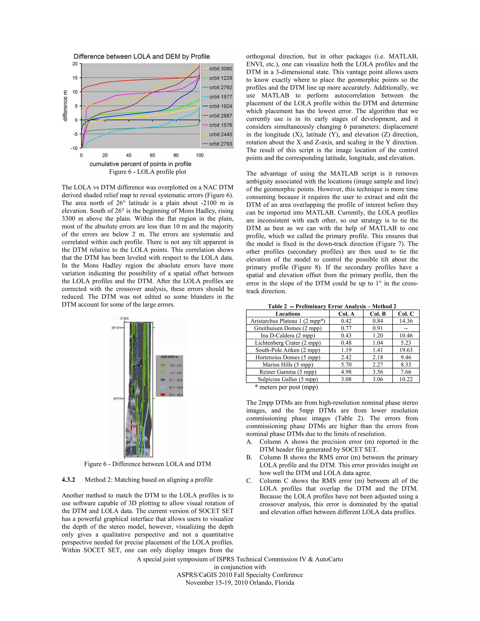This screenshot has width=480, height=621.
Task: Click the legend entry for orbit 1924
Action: [220, 106]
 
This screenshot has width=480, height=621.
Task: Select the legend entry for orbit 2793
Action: [220, 144]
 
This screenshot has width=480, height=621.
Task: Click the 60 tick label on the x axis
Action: [152, 155]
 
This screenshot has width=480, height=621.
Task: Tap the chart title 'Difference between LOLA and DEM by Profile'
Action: [142, 56]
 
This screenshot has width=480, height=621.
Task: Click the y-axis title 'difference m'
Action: [65, 106]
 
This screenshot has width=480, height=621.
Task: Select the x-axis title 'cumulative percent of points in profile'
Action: [140, 164]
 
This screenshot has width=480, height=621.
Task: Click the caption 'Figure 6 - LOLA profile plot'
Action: [148, 172]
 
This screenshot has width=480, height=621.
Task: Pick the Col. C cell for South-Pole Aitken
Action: [405, 350]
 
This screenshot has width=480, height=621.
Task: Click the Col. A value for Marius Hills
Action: [346, 365]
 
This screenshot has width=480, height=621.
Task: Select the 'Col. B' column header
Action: [378, 314]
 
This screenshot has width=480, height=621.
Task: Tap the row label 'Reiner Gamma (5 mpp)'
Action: [288, 372]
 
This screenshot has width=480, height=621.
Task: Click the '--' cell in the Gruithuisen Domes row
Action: [405, 328]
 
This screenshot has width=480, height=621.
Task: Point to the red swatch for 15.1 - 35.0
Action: [163, 395]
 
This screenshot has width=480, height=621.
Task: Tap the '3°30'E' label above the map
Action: [124, 318]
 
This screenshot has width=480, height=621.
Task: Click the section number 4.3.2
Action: [68, 480]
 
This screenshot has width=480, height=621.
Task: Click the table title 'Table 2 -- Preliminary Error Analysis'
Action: [332, 306]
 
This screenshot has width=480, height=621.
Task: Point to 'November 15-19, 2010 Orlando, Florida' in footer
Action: [240, 583]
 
